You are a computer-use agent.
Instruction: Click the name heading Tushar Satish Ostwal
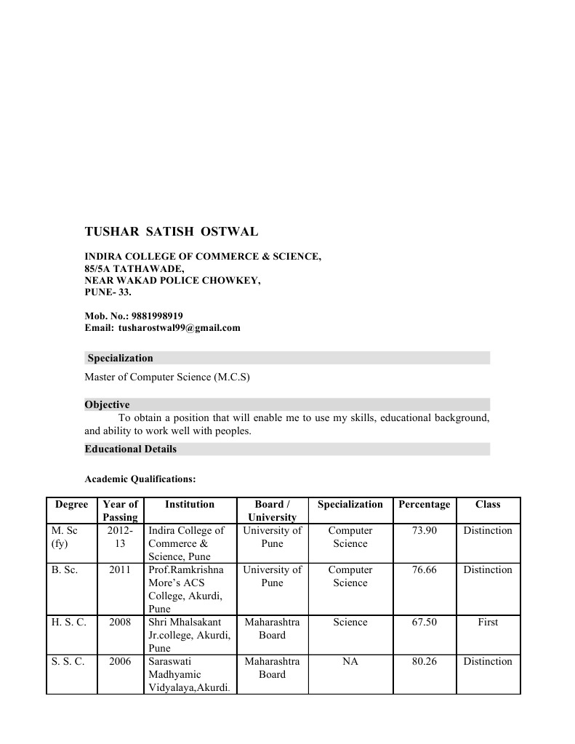tap(171, 232)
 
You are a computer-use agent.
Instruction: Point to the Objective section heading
tap(107, 405)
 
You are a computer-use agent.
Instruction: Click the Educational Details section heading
tap(130, 449)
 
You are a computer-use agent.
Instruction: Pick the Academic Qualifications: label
tap(140, 479)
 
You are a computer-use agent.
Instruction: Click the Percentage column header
tap(424, 504)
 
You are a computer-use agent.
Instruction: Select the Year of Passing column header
tap(120, 511)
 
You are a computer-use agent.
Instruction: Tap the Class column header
tap(488, 504)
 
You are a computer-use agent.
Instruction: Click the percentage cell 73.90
tap(424, 531)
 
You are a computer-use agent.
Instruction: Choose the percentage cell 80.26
tap(424, 662)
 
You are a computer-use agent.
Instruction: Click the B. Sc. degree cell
tap(65, 570)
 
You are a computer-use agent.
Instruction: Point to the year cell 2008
tap(120, 623)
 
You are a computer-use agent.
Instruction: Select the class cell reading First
tap(488, 623)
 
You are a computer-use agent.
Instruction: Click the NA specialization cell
tap(350, 662)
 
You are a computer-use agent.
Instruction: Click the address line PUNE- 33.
tap(108, 292)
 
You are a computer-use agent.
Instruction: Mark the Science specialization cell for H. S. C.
tap(350, 623)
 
